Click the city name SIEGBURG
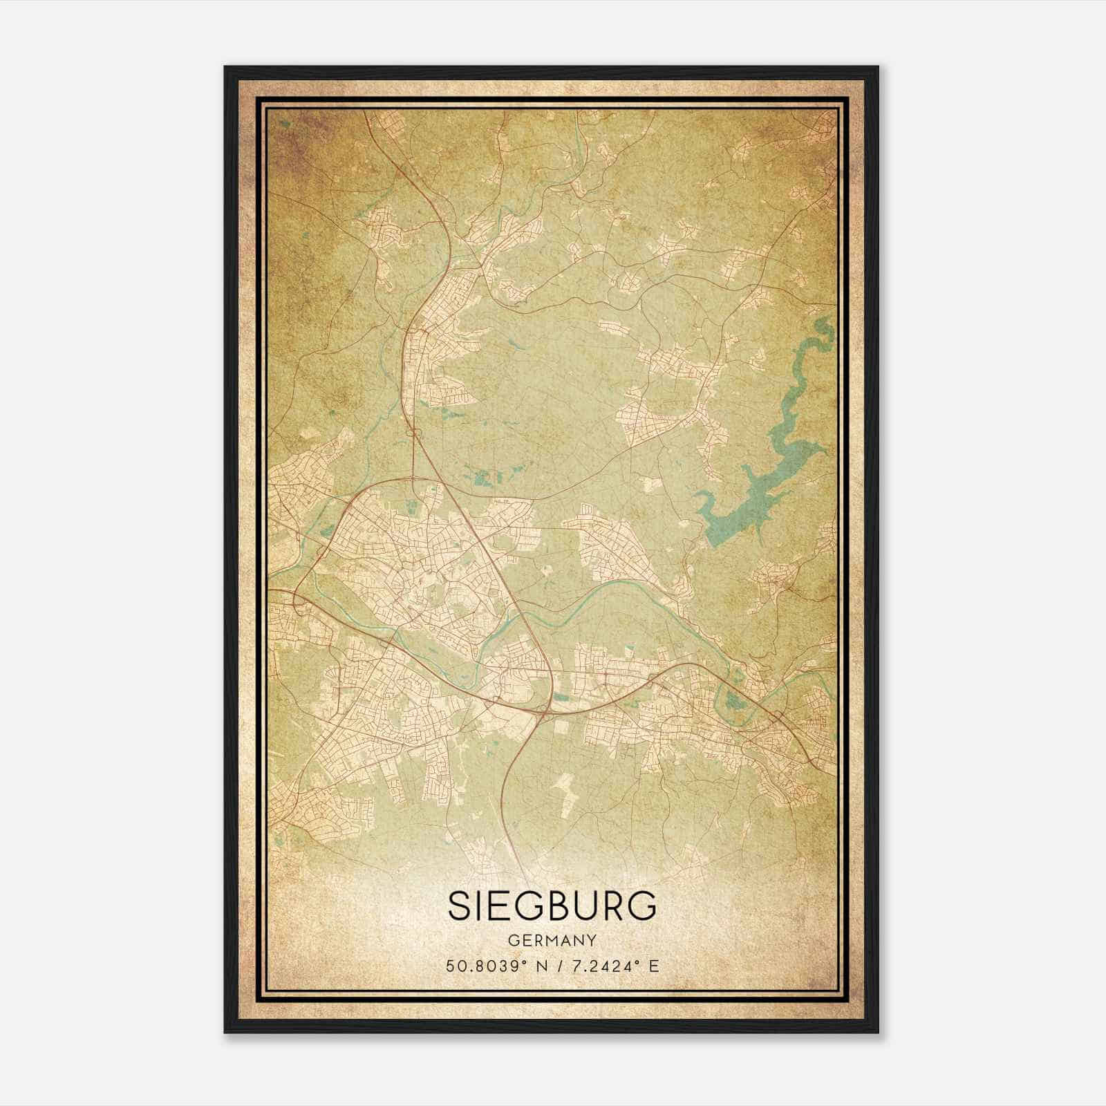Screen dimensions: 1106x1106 (552, 906)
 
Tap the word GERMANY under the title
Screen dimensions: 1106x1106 (552, 941)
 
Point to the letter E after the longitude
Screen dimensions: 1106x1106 (653, 966)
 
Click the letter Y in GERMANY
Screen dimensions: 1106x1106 (592, 941)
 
